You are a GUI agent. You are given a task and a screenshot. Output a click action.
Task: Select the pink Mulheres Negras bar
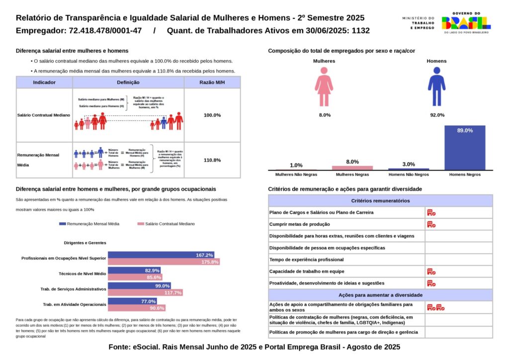point(352,168)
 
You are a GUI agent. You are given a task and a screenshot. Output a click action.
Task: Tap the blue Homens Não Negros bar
point(409,169)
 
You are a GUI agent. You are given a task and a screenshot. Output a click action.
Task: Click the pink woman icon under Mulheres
point(324,88)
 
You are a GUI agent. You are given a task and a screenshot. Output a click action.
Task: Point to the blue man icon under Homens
point(436,88)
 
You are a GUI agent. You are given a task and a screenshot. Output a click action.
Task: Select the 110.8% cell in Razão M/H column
point(212,160)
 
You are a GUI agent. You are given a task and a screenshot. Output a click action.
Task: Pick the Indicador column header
point(44,83)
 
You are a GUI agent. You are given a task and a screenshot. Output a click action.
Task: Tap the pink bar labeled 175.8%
point(164,262)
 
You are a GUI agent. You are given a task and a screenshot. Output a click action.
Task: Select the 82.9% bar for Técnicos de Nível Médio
point(134,270)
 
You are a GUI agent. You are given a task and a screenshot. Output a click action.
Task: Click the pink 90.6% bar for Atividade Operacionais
point(137,308)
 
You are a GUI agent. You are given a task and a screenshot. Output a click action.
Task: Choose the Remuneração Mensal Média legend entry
point(89,224)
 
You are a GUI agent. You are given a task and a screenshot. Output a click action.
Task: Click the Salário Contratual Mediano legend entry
point(166,224)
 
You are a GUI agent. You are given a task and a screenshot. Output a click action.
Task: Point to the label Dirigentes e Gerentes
point(85,243)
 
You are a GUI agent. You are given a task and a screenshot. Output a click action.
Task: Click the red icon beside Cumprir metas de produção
point(431,224)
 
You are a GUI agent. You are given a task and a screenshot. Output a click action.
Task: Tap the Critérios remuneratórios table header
point(380,201)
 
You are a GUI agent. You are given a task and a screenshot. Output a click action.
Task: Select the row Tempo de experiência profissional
point(346,260)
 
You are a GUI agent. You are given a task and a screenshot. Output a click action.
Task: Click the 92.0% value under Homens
point(436,115)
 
